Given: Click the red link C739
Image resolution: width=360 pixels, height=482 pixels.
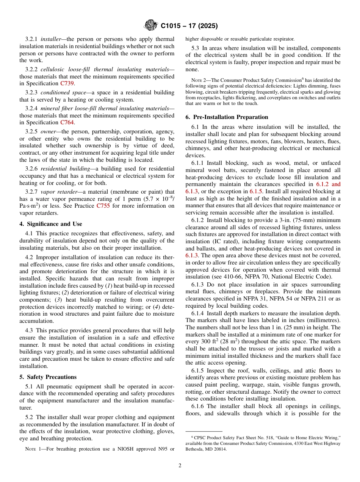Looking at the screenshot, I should pos(67,83).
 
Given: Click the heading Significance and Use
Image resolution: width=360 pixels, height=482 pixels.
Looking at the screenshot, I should pos(51,224).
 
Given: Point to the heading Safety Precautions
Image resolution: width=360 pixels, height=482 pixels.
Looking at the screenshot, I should pos(48,377).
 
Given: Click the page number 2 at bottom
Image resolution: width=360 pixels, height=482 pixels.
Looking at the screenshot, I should pos(180,466).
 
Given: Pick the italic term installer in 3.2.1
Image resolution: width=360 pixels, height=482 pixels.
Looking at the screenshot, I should pos(51,39).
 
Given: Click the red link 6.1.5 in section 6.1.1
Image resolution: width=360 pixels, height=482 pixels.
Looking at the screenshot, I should pos(257,191).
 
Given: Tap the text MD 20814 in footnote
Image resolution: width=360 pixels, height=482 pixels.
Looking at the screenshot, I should pos(216,449).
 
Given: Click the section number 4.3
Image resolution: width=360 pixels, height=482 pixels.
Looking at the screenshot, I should pos(29,331).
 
